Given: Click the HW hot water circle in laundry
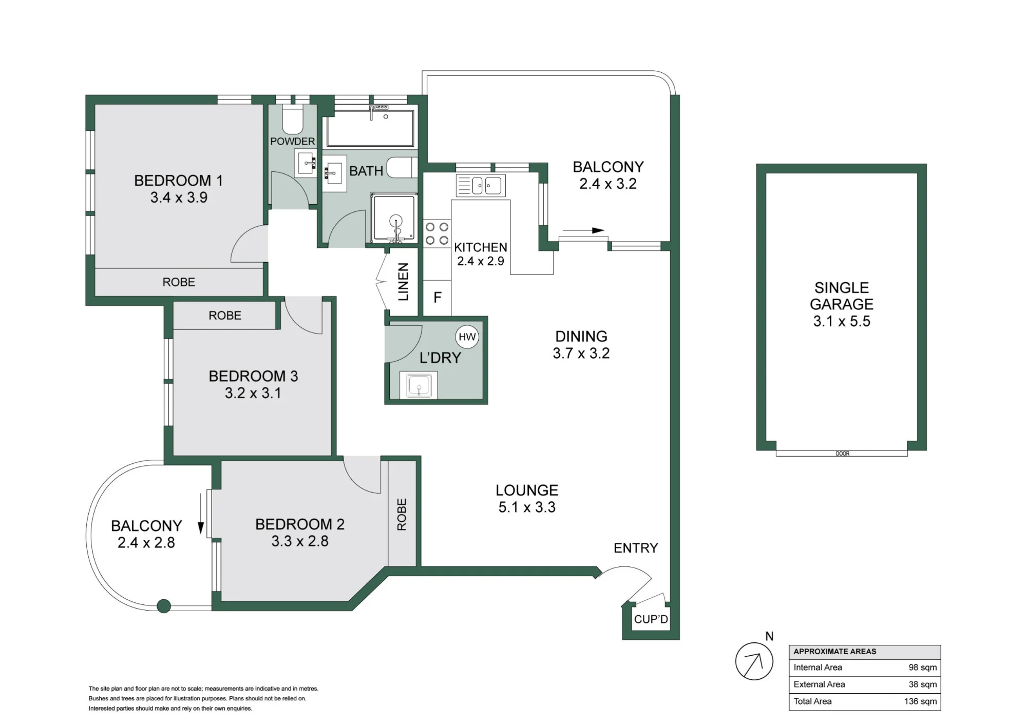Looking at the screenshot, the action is coord(467,337).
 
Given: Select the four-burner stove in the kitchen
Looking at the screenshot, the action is coord(437,233).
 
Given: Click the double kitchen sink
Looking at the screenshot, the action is coord(481,186).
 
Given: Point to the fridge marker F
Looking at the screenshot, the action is coord(438,298).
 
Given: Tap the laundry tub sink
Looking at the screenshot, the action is coord(419,385).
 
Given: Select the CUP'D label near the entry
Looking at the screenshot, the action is coord(651,619).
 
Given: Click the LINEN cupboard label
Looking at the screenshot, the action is coord(404,282).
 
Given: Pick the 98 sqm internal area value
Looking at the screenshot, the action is coord(923,668).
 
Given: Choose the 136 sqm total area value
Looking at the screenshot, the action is coord(921,701).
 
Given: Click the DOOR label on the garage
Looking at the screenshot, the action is coord(843,454).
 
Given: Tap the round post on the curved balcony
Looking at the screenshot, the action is coord(164,606).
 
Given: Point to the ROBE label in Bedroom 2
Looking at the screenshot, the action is coord(402,515).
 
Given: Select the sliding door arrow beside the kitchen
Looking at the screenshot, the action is coord(583,230).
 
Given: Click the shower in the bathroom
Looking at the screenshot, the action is coord(394,218).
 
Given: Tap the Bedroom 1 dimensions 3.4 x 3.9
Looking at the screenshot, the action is coord(179,198).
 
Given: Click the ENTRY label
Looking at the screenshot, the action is coord(636,548).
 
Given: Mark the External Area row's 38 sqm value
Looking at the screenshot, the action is coord(923,684).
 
